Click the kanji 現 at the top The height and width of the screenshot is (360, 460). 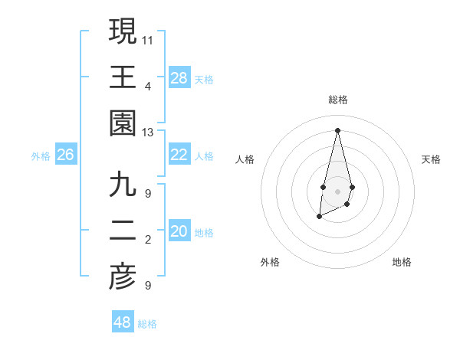(123, 31)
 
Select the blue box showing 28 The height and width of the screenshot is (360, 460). (179, 77)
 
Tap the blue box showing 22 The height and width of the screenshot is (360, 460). (179, 155)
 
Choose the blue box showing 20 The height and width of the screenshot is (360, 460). (179, 232)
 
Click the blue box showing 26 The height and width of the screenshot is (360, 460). (65, 155)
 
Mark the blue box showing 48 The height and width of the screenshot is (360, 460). (123, 322)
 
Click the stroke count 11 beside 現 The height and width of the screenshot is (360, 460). (148, 38)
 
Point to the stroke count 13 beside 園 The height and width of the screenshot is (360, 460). (148, 133)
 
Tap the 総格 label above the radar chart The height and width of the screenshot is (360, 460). (337, 100)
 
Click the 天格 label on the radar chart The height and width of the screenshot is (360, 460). (431, 159)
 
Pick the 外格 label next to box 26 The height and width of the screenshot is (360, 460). (41, 156)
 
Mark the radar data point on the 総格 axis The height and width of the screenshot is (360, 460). (337, 129)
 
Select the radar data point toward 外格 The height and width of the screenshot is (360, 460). (319, 218)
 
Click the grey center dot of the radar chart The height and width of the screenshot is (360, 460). (337, 191)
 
